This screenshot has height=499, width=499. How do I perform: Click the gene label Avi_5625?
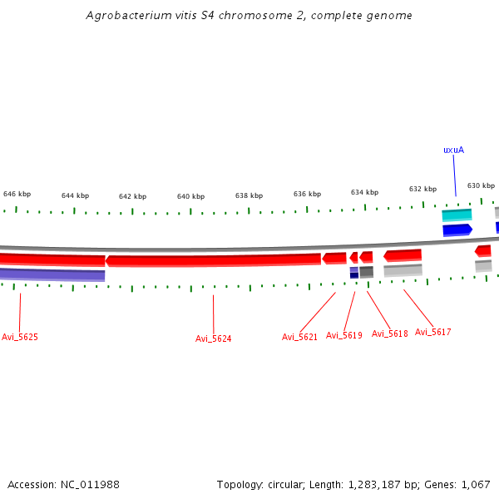tap(20, 337)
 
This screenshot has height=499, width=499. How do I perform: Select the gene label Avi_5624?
tap(214, 338)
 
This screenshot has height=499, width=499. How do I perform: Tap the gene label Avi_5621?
tap(300, 337)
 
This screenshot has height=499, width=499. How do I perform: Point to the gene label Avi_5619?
tap(344, 335)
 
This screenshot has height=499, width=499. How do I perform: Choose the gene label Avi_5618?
tap(390, 333)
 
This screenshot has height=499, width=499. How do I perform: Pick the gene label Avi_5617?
tap(433, 332)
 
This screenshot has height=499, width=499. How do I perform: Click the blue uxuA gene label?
tap(453, 150)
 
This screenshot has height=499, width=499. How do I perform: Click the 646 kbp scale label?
tap(17, 193)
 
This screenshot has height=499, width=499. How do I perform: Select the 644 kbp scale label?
tap(75, 195)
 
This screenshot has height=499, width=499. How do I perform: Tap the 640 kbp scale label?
tap(190, 196)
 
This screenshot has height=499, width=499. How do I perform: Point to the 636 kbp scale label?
tap(307, 194)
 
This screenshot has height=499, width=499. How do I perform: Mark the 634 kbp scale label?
tap(364, 191)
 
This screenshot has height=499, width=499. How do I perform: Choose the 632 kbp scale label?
tap(422, 189)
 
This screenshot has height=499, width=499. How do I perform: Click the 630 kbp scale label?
tap(481, 185)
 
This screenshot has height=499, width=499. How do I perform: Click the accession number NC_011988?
tap(92, 484)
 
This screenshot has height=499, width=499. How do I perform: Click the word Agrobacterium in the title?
tap(127, 16)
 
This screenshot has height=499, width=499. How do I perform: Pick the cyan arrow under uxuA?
tap(457, 215)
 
